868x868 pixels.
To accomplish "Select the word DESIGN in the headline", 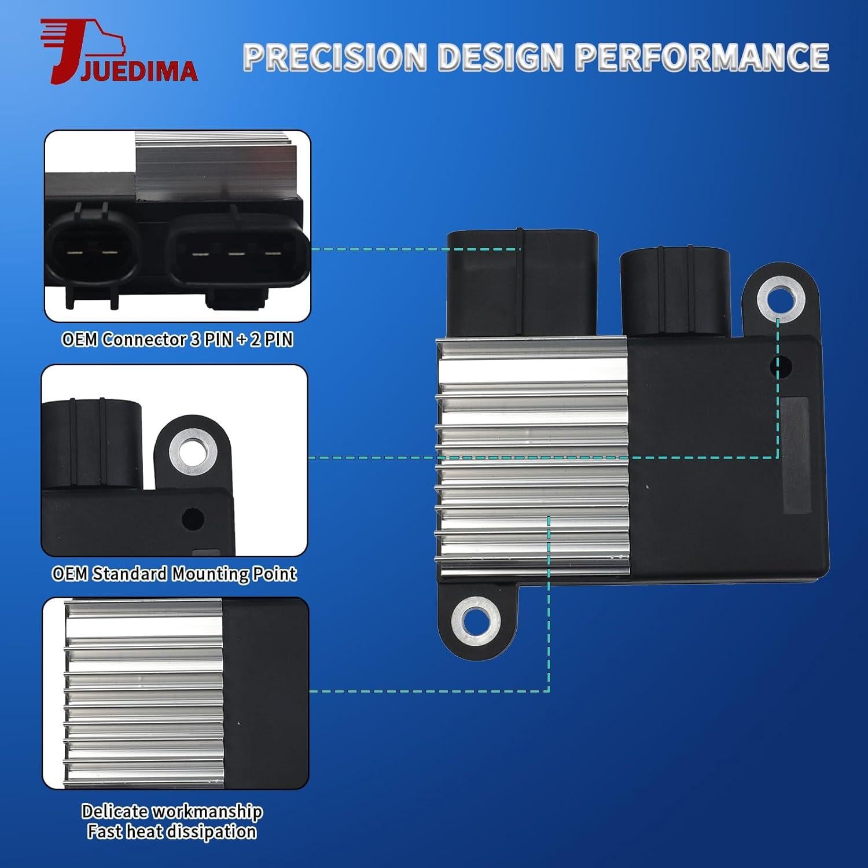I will click(501, 57).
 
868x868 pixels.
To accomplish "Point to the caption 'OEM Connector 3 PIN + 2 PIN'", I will click(177, 339).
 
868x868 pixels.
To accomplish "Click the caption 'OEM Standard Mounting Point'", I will click(174, 573).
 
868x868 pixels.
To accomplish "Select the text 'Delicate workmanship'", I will click(172, 811).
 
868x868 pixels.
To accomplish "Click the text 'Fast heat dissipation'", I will click(172, 832).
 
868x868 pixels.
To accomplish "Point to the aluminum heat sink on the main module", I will click(532, 457).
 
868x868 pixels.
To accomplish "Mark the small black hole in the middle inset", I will click(192, 518).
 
